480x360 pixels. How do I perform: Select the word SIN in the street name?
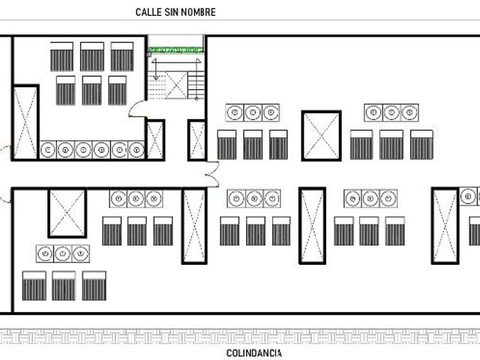(170, 12)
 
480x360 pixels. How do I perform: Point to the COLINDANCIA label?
(253, 353)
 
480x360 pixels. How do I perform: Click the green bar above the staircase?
(175, 49)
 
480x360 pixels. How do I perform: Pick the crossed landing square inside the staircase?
(176, 85)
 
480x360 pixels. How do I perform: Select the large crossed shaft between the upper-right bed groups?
(322, 136)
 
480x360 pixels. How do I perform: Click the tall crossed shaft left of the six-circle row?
(25, 121)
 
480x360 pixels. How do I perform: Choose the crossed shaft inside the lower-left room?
(67, 213)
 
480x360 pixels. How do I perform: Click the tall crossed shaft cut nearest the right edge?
(445, 226)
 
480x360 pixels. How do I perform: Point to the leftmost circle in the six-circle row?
(48, 150)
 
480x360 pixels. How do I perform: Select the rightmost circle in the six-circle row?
(136, 150)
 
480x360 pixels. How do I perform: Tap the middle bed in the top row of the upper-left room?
(92, 57)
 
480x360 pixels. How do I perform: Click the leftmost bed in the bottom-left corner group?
(34, 286)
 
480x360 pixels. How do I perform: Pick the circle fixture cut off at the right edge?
(469, 196)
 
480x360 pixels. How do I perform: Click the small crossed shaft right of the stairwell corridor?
(196, 140)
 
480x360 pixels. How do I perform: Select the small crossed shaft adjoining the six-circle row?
(155, 140)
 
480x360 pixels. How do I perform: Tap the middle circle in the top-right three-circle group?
(391, 112)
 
